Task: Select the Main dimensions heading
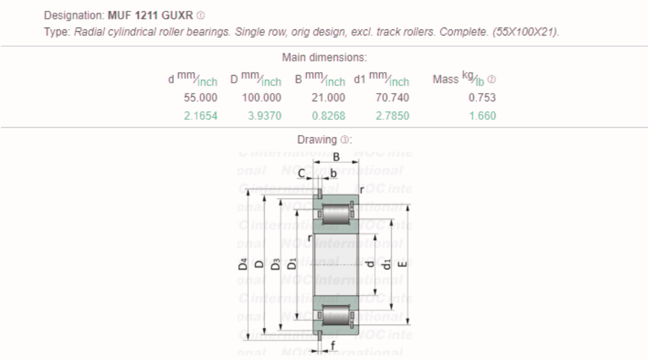pyautogui.click(x=324, y=58)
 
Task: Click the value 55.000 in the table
pyautogui.click(x=200, y=98)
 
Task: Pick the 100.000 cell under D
pyautogui.click(x=262, y=98)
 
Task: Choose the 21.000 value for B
pyautogui.click(x=328, y=98)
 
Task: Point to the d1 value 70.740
pyautogui.click(x=392, y=98)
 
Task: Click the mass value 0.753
pyautogui.click(x=482, y=98)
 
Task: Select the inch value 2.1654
pyautogui.click(x=200, y=116)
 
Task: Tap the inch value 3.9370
pyautogui.click(x=265, y=116)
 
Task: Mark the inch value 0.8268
pyautogui.click(x=328, y=116)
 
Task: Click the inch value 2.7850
pyautogui.click(x=392, y=116)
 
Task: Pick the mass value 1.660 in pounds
pyautogui.click(x=482, y=116)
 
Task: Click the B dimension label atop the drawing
pyautogui.click(x=337, y=157)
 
